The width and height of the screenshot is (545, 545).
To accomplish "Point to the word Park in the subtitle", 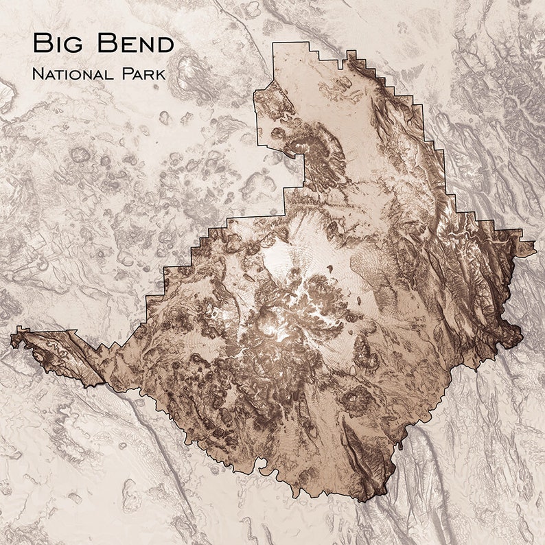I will [142, 73].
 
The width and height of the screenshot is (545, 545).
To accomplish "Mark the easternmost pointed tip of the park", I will [535, 252].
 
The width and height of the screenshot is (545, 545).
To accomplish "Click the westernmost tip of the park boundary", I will [11, 338].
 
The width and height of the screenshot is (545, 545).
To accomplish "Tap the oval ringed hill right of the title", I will [194, 76].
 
